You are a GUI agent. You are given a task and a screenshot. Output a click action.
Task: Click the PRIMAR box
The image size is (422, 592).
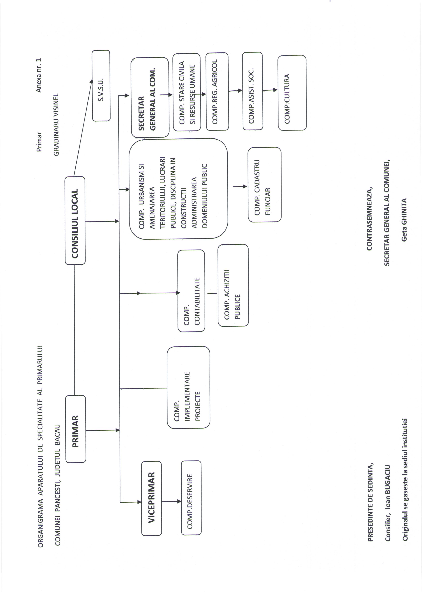click(x=76, y=431)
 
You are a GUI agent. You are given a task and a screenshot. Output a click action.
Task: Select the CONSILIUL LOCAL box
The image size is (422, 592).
click(x=75, y=221)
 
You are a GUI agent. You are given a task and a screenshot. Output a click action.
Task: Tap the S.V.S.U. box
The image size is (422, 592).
click(x=101, y=86)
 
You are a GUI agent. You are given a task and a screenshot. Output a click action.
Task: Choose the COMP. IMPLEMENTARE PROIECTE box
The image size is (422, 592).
click(x=188, y=387)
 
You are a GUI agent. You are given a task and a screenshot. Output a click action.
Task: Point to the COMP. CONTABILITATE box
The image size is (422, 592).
click(x=191, y=291)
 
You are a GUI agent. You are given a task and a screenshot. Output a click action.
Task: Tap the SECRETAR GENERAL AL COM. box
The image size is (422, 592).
click(x=150, y=97)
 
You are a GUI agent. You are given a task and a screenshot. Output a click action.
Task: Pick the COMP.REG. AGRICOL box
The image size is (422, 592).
click(x=217, y=91)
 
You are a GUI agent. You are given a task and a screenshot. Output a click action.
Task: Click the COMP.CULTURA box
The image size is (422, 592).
click(x=292, y=93)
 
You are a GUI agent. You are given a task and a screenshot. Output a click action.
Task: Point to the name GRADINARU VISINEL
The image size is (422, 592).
click(x=56, y=125)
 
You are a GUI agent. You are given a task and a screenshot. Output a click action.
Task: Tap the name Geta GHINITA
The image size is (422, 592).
click(x=404, y=220)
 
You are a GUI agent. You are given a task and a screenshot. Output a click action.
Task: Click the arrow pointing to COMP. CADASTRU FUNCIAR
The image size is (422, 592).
click(x=240, y=186)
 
